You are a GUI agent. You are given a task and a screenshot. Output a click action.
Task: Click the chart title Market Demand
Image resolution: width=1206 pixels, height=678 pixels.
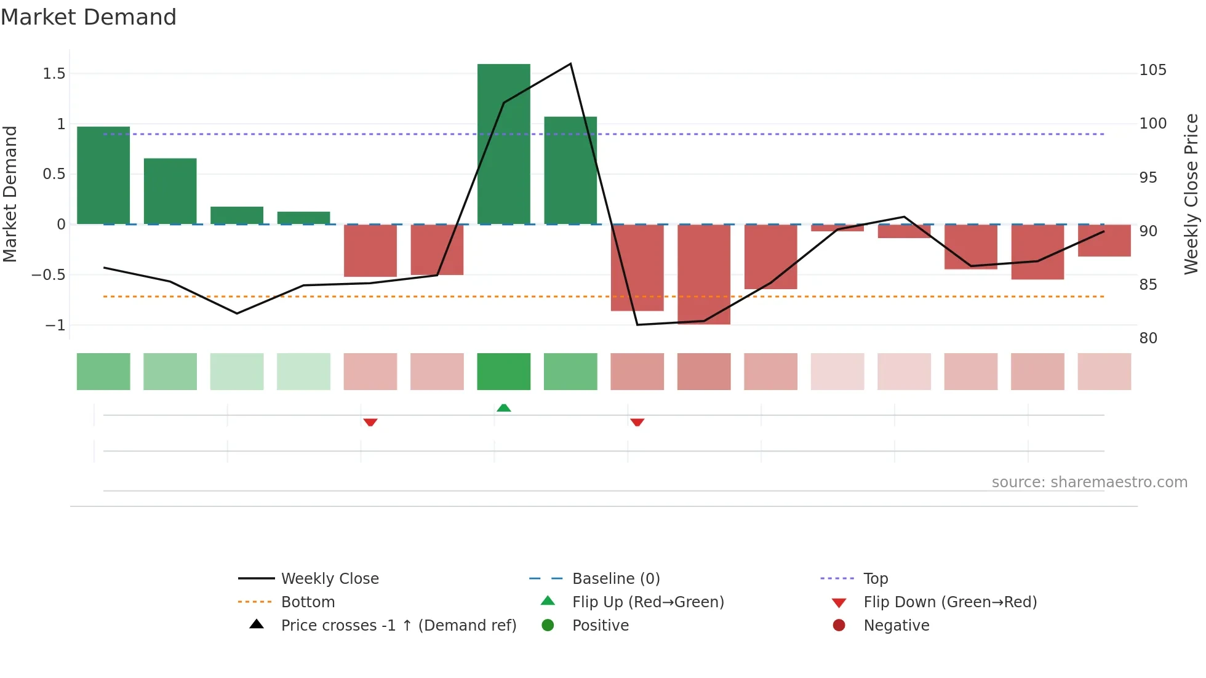pyautogui.click(x=89, y=17)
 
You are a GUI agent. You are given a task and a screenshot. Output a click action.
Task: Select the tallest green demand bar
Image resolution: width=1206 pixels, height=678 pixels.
pyautogui.click(x=503, y=144)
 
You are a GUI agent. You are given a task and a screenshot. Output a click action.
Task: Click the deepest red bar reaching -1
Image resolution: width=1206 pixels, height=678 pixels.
pyautogui.click(x=704, y=274)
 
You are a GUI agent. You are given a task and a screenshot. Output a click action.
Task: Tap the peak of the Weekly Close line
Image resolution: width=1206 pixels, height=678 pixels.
pyautogui.click(x=570, y=64)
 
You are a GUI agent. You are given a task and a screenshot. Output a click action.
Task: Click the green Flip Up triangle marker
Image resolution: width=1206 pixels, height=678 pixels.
pyautogui.click(x=503, y=408)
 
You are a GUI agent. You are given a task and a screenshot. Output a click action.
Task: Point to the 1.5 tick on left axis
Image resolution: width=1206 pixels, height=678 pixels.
pyautogui.click(x=54, y=74)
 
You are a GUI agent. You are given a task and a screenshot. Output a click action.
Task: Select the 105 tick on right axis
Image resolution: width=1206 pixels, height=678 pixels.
pyautogui.click(x=1152, y=70)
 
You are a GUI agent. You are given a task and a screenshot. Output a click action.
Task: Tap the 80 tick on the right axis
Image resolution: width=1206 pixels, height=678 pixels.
pyautogui.click(x=1148, y=338)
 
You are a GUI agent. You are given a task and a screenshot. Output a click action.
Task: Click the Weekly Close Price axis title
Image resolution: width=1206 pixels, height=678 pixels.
pyautogui.click(x=1191, y=194)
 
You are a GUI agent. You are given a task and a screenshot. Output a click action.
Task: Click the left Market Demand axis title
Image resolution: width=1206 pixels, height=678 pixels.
pyautogui.click(x=10, y=194)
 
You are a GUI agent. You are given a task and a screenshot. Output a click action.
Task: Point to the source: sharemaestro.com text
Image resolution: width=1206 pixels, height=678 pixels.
pyautogui.click(x=1089, y=482)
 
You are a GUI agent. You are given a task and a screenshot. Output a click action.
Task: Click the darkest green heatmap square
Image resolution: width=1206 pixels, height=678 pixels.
pyautogui.click(x=503, y=372)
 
